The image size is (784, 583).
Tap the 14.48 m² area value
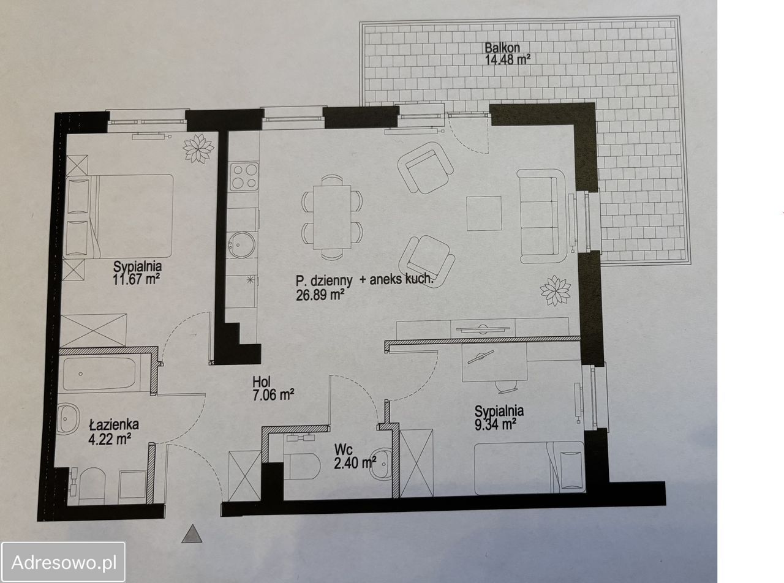coord(507,59)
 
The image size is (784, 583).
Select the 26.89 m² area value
coord(320,294)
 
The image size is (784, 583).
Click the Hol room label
coord(262,382)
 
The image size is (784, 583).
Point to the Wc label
coord(343,449)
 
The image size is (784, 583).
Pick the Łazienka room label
coord(114,424)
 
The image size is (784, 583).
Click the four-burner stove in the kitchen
coord(244,177)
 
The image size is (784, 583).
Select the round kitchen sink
coord(241,244)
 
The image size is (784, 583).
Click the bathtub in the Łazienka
coord(99,374)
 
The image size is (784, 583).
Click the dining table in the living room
coord(332,217)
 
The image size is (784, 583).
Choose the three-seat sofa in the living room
coord(543,216)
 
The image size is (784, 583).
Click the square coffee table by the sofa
coord(484,214)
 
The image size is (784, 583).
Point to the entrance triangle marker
coord(192,533)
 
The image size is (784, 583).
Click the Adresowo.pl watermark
coord(64,562)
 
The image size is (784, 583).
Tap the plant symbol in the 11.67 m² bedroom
coord(198,148)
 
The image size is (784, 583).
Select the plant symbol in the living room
coord(556,290)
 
